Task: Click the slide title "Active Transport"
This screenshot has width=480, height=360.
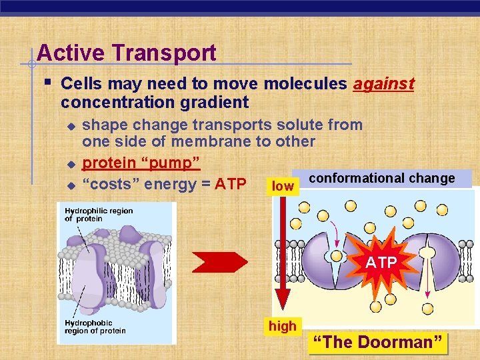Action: pos(127,53)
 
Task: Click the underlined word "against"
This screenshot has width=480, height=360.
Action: pos(383,84)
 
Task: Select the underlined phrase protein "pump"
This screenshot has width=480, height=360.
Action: pos(141,163)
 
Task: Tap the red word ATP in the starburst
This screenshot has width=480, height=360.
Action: pos(381,263)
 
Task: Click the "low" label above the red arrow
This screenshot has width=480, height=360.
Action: pos(283,187)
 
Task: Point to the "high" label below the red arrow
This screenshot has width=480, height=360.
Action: pos(283,326)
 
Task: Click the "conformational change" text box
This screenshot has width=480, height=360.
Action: pos(382,178)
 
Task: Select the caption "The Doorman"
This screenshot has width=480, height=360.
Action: pos(378,342)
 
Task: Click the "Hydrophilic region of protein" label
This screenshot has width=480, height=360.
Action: pos(99,215)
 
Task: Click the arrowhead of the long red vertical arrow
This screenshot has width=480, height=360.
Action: pos(283,303)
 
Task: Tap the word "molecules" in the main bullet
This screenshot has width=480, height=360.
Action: pos(305,84)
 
